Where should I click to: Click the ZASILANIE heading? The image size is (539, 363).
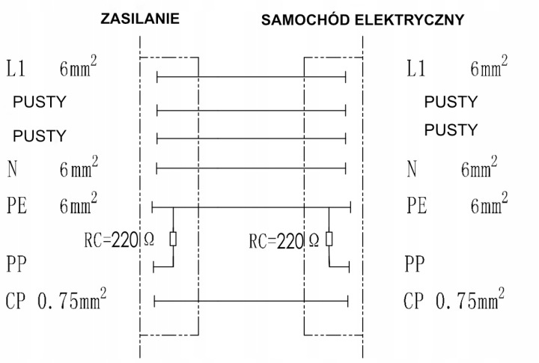point(140,19)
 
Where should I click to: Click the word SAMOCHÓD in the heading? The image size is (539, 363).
point(306,19)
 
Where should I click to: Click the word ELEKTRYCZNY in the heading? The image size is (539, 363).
point(409,20)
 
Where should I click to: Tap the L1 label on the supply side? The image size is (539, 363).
point(16,68)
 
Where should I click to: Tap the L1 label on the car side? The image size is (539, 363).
point(416,68)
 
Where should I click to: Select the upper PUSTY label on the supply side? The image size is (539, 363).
point(40,102)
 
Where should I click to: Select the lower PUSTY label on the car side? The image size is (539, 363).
point(451,130)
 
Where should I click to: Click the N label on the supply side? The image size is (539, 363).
point(12,169)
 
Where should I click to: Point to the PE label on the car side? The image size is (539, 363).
point(417,206)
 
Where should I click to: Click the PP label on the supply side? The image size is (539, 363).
point(16,264)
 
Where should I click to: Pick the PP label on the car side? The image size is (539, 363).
point(415,264)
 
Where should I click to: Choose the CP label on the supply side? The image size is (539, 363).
point(16,301)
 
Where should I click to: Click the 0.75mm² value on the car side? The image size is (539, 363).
point(470,299)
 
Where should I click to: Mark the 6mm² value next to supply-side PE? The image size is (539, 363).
point(79,204)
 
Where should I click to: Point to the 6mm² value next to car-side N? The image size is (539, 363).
point(479,167)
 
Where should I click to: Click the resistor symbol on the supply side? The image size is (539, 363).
point(173,240)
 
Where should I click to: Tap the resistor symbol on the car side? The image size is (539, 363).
point(329,239)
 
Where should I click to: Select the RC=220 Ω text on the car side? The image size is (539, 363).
point(284,240)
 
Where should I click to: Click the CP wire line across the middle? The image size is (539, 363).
point(252,301)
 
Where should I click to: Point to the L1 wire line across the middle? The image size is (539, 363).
point(252,77)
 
